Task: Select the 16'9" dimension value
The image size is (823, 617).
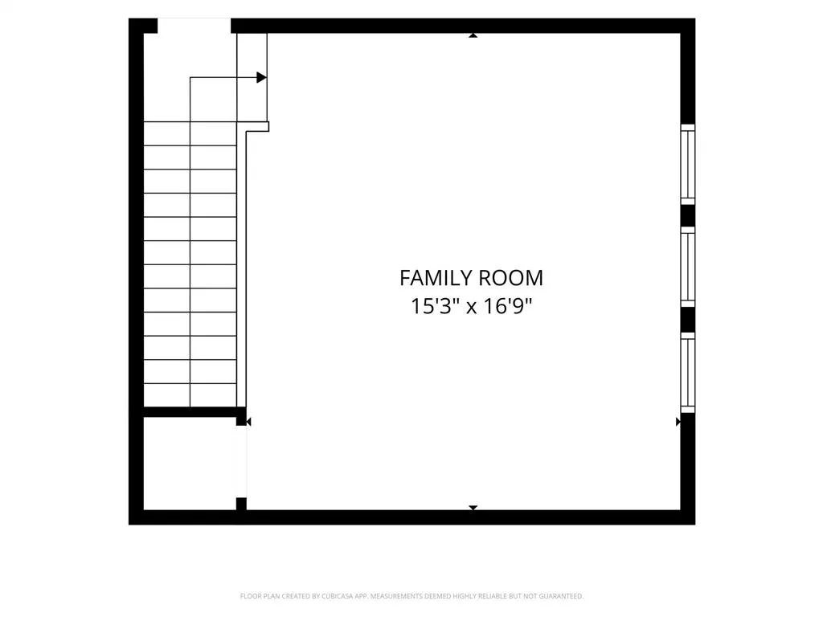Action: click(x=507, y=306)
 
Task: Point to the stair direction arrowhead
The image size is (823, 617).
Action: click(x=261, y=78)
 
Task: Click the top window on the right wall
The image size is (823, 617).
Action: click(x=688, y=164)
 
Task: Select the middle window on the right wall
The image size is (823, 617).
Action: click(x=688, y=267)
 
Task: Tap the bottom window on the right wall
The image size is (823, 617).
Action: click(x=688, y=373)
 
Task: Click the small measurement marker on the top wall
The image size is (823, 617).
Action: click(x=473, y=35)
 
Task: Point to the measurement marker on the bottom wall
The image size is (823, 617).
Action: click(x=473, y=508)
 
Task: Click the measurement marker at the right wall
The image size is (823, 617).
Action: click(x=678, y=422)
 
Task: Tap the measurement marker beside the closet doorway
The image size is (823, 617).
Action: click(x=249, y=422)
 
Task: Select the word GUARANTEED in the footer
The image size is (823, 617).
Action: click(x=562, y=596)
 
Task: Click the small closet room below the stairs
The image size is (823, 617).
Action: click(x=190, y=464)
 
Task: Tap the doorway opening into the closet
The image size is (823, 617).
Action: click(x=241, y=462)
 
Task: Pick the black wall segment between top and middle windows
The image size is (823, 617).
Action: click(x=688, y=215)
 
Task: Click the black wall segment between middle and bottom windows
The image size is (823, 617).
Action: click(x=688, y=320)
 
